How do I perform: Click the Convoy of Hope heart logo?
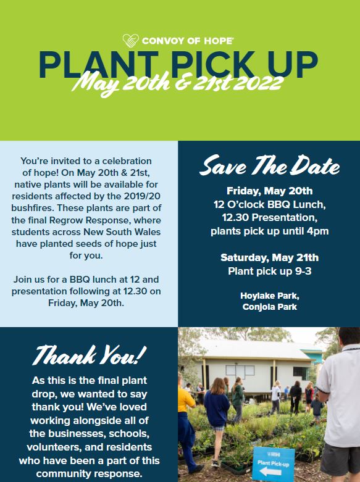click(x=130, y=40)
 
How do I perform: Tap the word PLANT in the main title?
click(x=98, y=65)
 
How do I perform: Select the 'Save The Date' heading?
click(x=270, y=165)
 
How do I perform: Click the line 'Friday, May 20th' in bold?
click(x=270, y=191)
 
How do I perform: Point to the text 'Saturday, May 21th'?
click(x=270, y=257)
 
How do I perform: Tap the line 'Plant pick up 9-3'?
click(x=270, y=271)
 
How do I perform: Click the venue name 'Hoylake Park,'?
click(x=270, y=296)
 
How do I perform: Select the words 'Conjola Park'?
click(x=270, y=307)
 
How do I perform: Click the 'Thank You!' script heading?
click(x=90, y=355)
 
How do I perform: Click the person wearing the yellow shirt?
click(x=186, y=421)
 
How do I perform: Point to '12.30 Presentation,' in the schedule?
click(x=270, y=218)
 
